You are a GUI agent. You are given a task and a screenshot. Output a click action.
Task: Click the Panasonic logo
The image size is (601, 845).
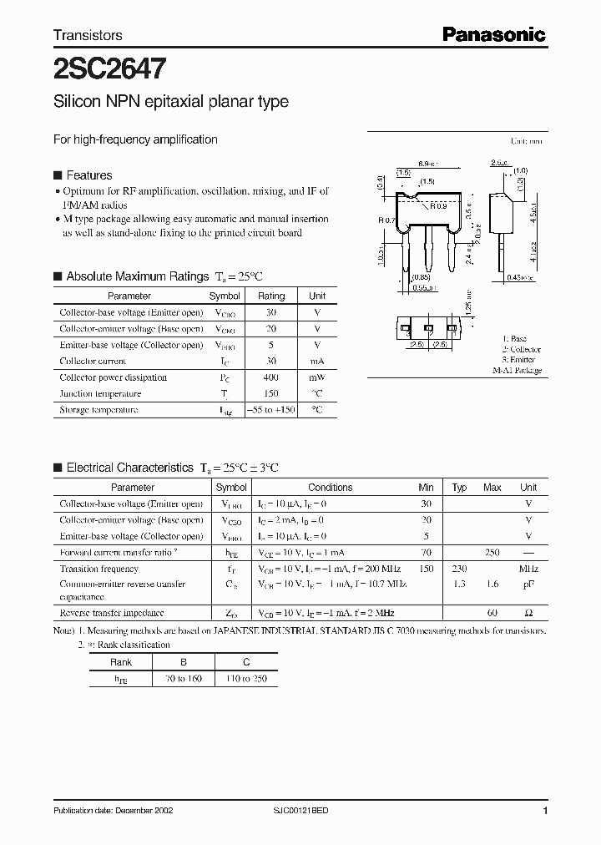[x=493, y=34]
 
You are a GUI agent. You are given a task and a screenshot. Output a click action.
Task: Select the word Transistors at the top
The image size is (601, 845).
[x=88, y=35]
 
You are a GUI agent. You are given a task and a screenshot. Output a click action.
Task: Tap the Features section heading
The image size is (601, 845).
[x=88, y=175]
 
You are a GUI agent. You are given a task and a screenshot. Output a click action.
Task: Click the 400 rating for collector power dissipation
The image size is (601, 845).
[x=271, y=377]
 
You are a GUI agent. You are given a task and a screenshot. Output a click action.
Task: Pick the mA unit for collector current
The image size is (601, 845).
[x=317, y=362]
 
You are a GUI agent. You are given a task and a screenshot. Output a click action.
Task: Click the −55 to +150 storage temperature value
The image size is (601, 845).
[x=271, y=410]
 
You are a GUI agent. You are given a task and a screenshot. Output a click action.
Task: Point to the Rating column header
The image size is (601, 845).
[x=271, y=296]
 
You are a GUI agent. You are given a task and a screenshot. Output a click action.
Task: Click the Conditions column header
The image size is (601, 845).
[x=330, y=488]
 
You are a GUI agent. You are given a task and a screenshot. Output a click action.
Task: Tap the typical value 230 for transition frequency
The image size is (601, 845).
[x=459, y=569]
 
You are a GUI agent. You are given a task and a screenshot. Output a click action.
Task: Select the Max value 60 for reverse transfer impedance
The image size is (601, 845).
[x=492, y=613]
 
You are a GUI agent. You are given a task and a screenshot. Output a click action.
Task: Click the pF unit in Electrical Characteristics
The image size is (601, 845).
[x=528, y=585]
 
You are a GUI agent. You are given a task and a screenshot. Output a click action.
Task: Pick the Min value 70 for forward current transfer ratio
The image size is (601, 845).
[x=426, y=553]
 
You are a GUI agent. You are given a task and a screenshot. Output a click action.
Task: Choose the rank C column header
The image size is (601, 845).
[x=246, y=662]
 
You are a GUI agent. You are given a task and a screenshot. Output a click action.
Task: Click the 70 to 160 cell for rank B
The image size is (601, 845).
[x=184, y=679]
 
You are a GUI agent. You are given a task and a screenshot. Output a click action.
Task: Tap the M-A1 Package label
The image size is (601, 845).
[x=517, y=370]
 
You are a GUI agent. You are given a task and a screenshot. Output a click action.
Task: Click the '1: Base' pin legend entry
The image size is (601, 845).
[x=518, y=339]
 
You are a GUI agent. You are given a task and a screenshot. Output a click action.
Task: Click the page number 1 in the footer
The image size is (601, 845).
[x=544, y=811]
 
